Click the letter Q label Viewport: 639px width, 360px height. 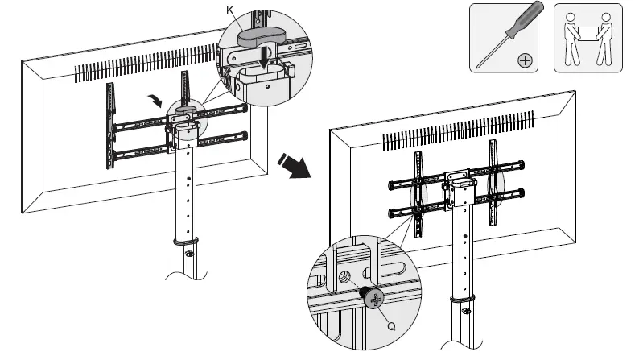click(392, 326)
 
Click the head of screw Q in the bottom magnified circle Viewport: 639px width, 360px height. click(373, 298)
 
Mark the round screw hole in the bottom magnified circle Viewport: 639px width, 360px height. click(345, 277)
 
